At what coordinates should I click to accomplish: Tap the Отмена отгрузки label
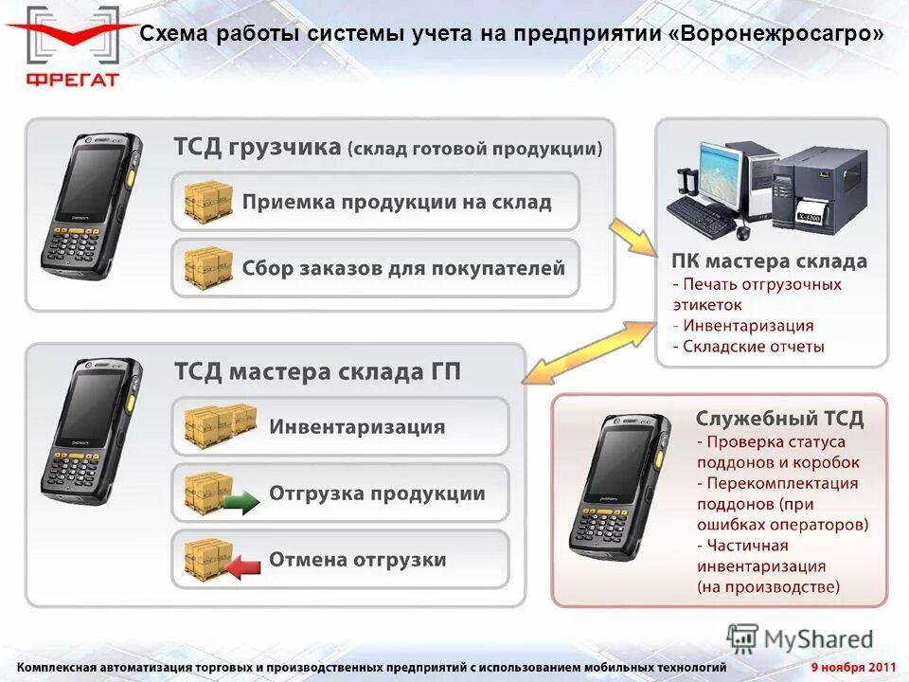click(x=357, y=560)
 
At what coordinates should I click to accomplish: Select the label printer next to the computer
click(x=814, y=188)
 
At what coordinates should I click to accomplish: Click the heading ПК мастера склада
click(x=769, y=260)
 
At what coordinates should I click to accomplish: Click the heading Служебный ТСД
click(x=779, y=418)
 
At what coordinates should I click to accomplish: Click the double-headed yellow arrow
click(x=588, y=350)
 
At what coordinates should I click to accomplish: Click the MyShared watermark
click(x=800, y=638)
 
